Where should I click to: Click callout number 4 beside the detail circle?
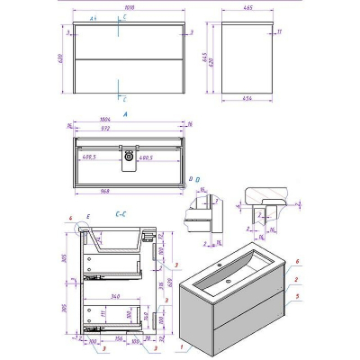click(68, 220)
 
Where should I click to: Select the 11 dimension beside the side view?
click(281, 32)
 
